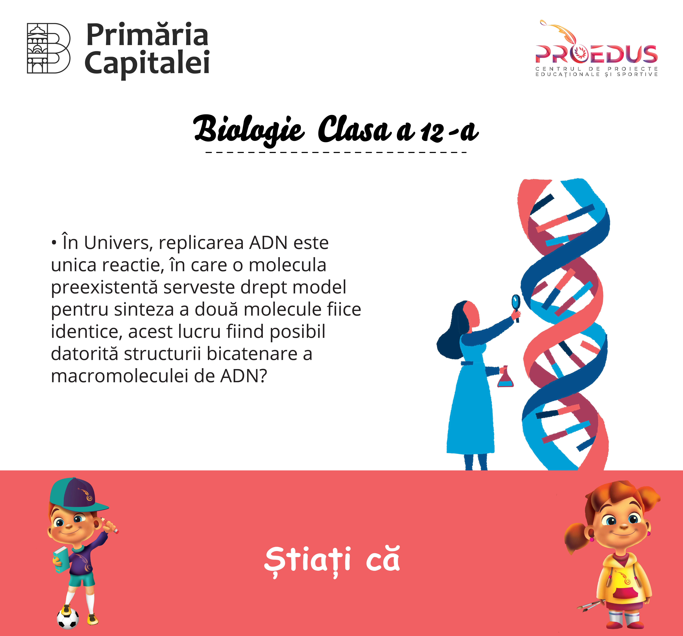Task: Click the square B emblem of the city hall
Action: coord(49,48)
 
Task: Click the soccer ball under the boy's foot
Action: coord(68,618)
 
